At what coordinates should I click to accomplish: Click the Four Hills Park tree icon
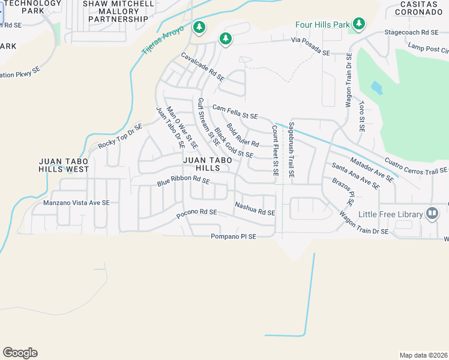(359, 24)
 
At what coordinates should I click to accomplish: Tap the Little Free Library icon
(432, 213)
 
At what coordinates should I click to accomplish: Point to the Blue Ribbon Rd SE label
(183, 179)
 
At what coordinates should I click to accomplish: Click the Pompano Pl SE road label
(234, 237)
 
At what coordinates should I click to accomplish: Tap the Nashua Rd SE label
(255, 209)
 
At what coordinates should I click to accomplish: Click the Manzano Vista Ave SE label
(76, 203)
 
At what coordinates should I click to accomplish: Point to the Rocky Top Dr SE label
(120, 137)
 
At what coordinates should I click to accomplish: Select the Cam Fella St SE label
(235, 111)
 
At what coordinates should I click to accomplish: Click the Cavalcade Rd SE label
(203, 67)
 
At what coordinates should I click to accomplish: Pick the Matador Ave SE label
(372, 169)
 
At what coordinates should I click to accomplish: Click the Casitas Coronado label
(418, 8)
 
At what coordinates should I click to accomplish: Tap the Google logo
(20, 353)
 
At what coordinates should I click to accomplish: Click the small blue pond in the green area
(376, 88)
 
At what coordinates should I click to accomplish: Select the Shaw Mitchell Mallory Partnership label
(118, 11)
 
